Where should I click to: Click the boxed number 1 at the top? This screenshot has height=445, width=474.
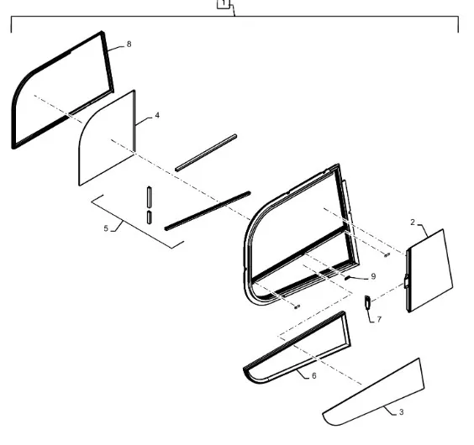click(x=224, y=3)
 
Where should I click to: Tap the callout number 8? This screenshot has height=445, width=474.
click(x=129, y=44)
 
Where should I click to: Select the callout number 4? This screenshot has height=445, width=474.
click(x=157, y=115)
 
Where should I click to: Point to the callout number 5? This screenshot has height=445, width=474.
click(x=106, y=228)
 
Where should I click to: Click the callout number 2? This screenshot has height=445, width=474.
click(x=413, y=222)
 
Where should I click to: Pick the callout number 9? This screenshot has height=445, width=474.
click(x=373, y=276)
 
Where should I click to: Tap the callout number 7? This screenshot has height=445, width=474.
click(x=379, y=319)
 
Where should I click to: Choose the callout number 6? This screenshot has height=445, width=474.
click(x=314, y=375)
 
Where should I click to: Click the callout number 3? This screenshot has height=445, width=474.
click(x=401, y=412)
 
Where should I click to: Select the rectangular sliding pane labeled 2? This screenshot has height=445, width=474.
click(x=429, y=270)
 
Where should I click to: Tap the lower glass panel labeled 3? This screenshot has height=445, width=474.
click(x=375, y=393)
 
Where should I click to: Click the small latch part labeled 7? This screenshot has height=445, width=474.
click(x=367, y=302)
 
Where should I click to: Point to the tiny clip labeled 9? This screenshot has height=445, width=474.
click(x=348, y=278)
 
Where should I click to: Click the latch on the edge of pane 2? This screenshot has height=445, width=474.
click(x=407, y=281)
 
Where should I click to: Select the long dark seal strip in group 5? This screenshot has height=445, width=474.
click(x=208, y=211)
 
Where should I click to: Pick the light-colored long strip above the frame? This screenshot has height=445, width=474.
click(x=206, y=153)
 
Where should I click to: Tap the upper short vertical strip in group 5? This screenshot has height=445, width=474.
click(x=150, y=197)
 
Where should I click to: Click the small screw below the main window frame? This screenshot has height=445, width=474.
click(x=297, y=307)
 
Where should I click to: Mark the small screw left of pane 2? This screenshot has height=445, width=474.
click(x=387, y=255)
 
